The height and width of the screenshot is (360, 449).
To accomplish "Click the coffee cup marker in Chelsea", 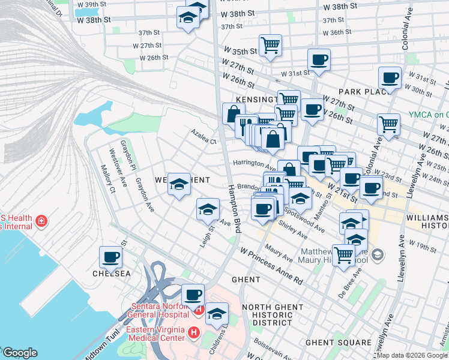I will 111,258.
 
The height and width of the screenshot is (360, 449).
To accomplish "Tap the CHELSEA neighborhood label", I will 111,274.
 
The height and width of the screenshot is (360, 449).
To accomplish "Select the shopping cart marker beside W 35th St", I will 271,44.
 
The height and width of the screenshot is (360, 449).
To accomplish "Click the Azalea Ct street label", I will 203,137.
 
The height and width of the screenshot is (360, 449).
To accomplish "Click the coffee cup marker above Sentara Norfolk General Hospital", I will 193,295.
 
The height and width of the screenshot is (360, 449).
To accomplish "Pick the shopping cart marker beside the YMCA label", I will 389,125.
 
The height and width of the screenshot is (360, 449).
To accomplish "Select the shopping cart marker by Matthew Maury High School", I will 343,255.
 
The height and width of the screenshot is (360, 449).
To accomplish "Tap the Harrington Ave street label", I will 254,163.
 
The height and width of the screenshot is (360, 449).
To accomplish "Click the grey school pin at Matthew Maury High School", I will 377,255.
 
